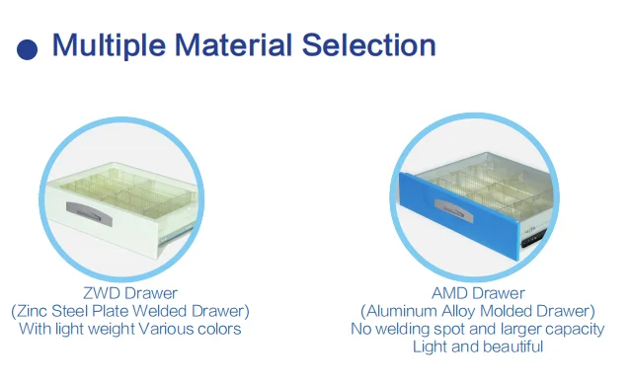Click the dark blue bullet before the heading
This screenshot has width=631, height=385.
click(27, 49)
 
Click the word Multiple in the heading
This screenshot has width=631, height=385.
click(109, 45)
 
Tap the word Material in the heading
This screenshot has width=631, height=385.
click(233, 44)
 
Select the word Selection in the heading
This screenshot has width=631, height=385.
click(369, 44)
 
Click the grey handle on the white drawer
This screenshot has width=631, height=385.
click(89, 213)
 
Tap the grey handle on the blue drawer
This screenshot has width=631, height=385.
click(454, 210)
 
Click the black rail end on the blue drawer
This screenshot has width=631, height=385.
click(533, 238)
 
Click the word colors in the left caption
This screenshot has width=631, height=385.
click(219, 329)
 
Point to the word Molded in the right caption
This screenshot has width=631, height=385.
click(507, 311)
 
